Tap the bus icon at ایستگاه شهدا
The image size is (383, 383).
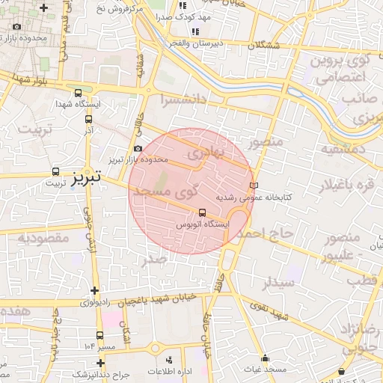point(79,94)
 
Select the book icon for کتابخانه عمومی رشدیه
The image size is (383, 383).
point(253,185)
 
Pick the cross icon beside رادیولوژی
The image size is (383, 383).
point(94,290)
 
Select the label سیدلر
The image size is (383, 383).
point(278,283)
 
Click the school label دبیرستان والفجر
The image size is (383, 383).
point(198,43)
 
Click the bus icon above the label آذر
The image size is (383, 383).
point(89,118)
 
